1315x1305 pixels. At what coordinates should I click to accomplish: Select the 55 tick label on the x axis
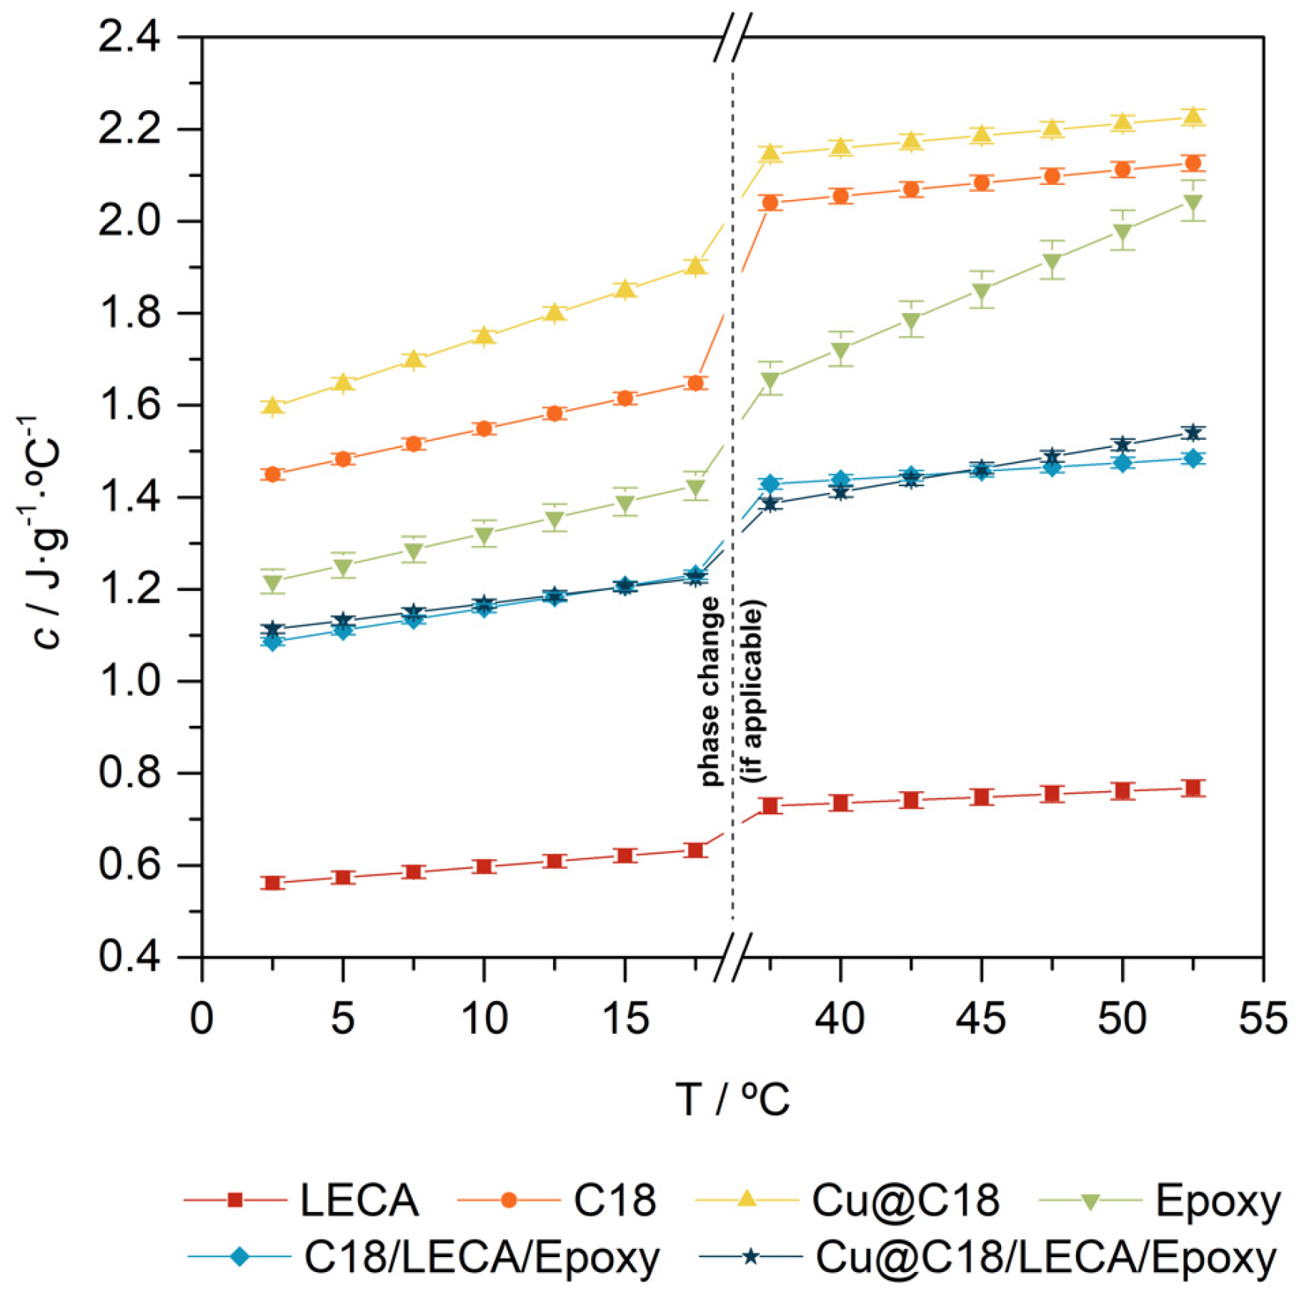(1263, 1019)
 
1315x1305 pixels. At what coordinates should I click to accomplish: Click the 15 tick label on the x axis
(625, 1019)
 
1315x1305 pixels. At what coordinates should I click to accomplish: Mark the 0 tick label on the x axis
(202, 1019)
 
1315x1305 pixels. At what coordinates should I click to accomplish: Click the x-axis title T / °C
(732, 1099)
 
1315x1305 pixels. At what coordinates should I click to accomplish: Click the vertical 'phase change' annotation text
(710, 691)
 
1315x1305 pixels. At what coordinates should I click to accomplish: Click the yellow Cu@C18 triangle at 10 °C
(484, 335)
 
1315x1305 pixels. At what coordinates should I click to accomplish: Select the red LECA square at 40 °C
(840, 803)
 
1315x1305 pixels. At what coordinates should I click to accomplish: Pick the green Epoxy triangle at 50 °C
(1122, 232)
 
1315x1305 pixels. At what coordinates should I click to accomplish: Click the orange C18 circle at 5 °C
(342, 459)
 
